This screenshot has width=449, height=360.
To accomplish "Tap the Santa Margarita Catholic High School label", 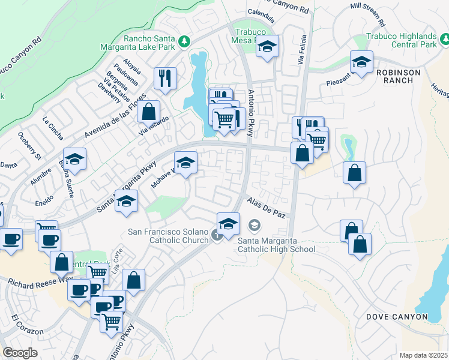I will (277, 245).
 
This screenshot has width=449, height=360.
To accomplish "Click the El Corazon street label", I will (26, 324).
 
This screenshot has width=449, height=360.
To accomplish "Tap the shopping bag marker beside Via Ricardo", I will (148, 111).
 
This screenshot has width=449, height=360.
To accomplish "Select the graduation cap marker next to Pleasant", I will (361, 62).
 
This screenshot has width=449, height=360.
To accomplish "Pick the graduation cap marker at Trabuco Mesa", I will (268, 46).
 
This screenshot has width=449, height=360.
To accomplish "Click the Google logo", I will (20, 353).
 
